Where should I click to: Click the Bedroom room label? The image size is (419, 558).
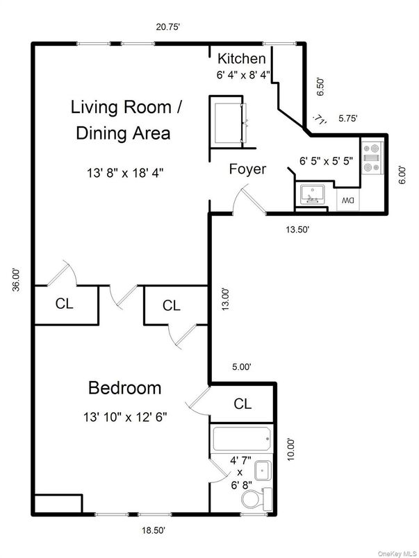tap(124, 387)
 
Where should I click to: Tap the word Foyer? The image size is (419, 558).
tap(247, 169)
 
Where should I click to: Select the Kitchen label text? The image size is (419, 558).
tap(241, 58)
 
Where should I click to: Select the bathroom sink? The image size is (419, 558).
tap(263, 471)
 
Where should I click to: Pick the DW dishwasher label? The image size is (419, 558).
tap(346, 201)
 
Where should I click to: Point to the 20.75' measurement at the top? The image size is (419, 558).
tap(168, 27)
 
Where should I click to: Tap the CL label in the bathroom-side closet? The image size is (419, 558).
tap(242, 403)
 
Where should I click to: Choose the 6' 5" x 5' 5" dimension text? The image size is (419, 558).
tap(325, 160)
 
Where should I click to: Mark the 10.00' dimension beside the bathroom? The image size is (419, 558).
tap(291, 448)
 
